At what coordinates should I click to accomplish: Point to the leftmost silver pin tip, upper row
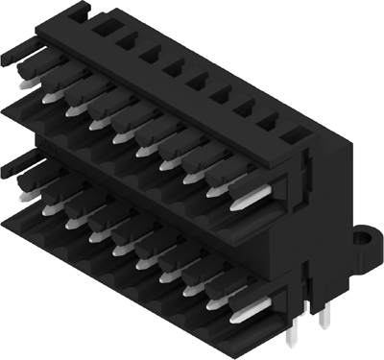point(50,96)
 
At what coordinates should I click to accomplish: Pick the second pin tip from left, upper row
point(73,111)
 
